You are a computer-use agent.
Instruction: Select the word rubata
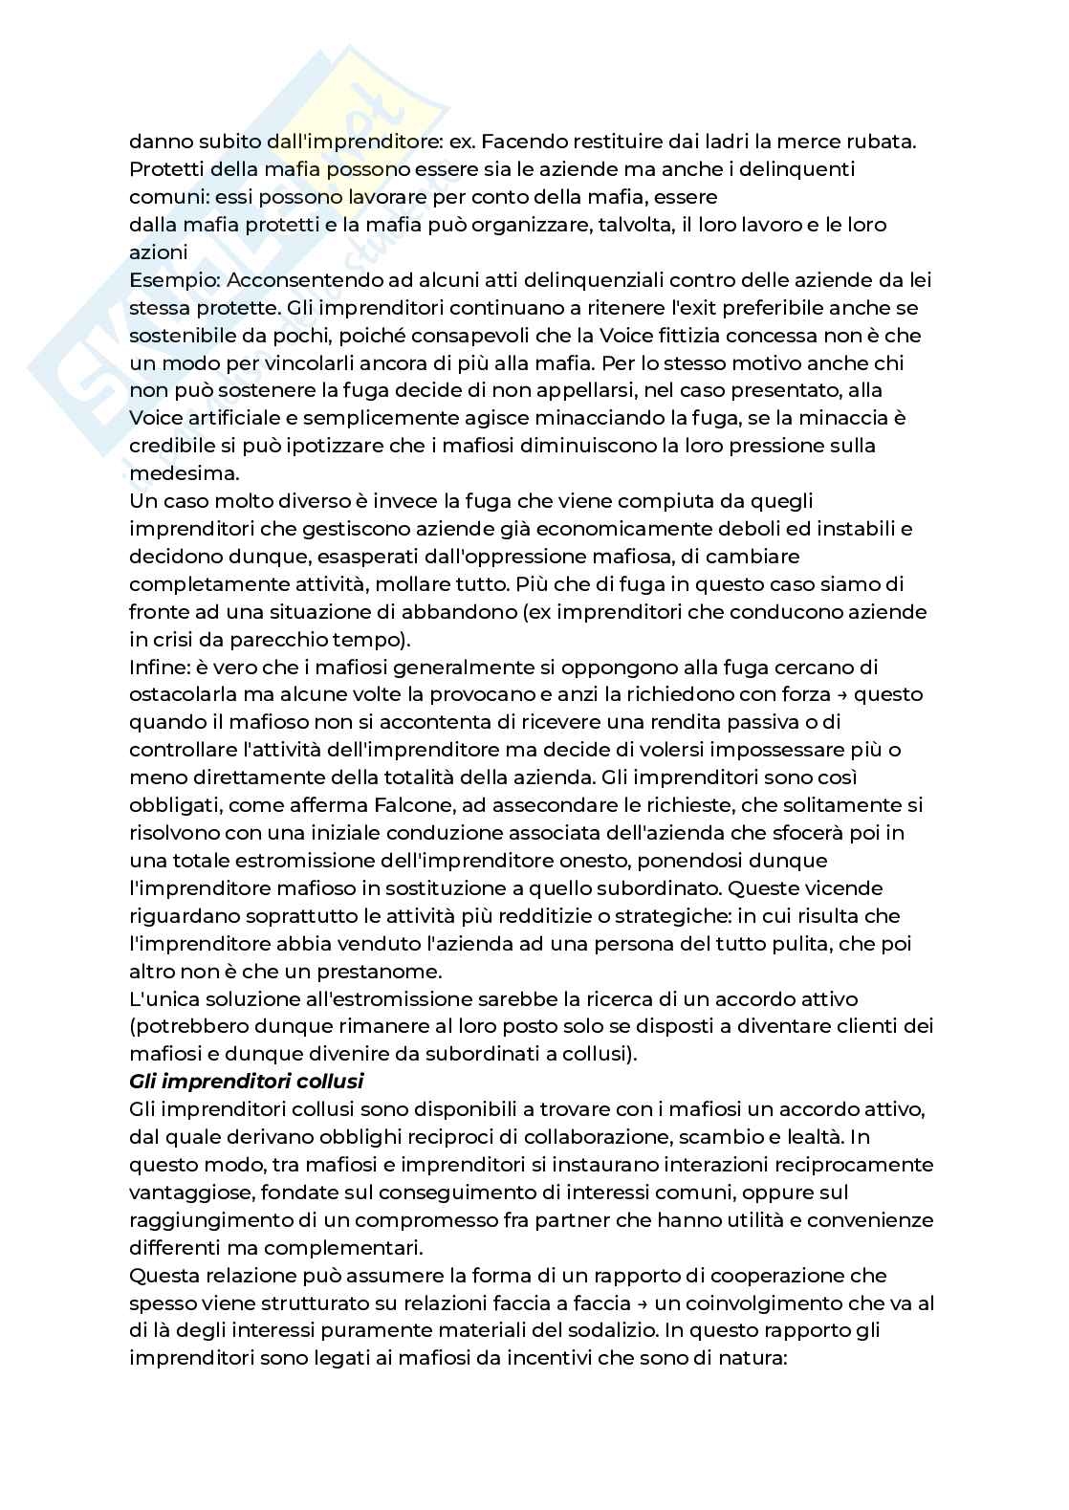click(883, 142)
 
